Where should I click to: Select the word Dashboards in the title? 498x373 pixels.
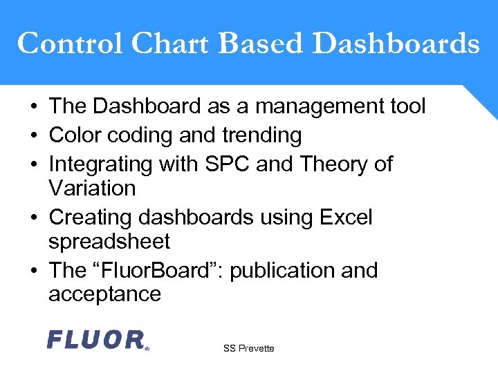[x=396, y=44]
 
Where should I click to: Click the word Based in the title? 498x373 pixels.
[x=261, y=44]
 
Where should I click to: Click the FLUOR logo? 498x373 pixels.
[x=98, y=340]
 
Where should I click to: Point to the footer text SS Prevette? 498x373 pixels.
[x=248, y=349]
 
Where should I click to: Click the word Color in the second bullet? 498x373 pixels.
[x=75, y=135]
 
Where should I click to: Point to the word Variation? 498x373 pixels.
[x=92, y=188]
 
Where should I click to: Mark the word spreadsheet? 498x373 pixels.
[x=109, y=242]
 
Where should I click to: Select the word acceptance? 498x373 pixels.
[x=104, y=294]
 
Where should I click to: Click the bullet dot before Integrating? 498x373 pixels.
[x=33, y=165]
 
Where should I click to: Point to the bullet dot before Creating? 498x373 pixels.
[x=33, y=218]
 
